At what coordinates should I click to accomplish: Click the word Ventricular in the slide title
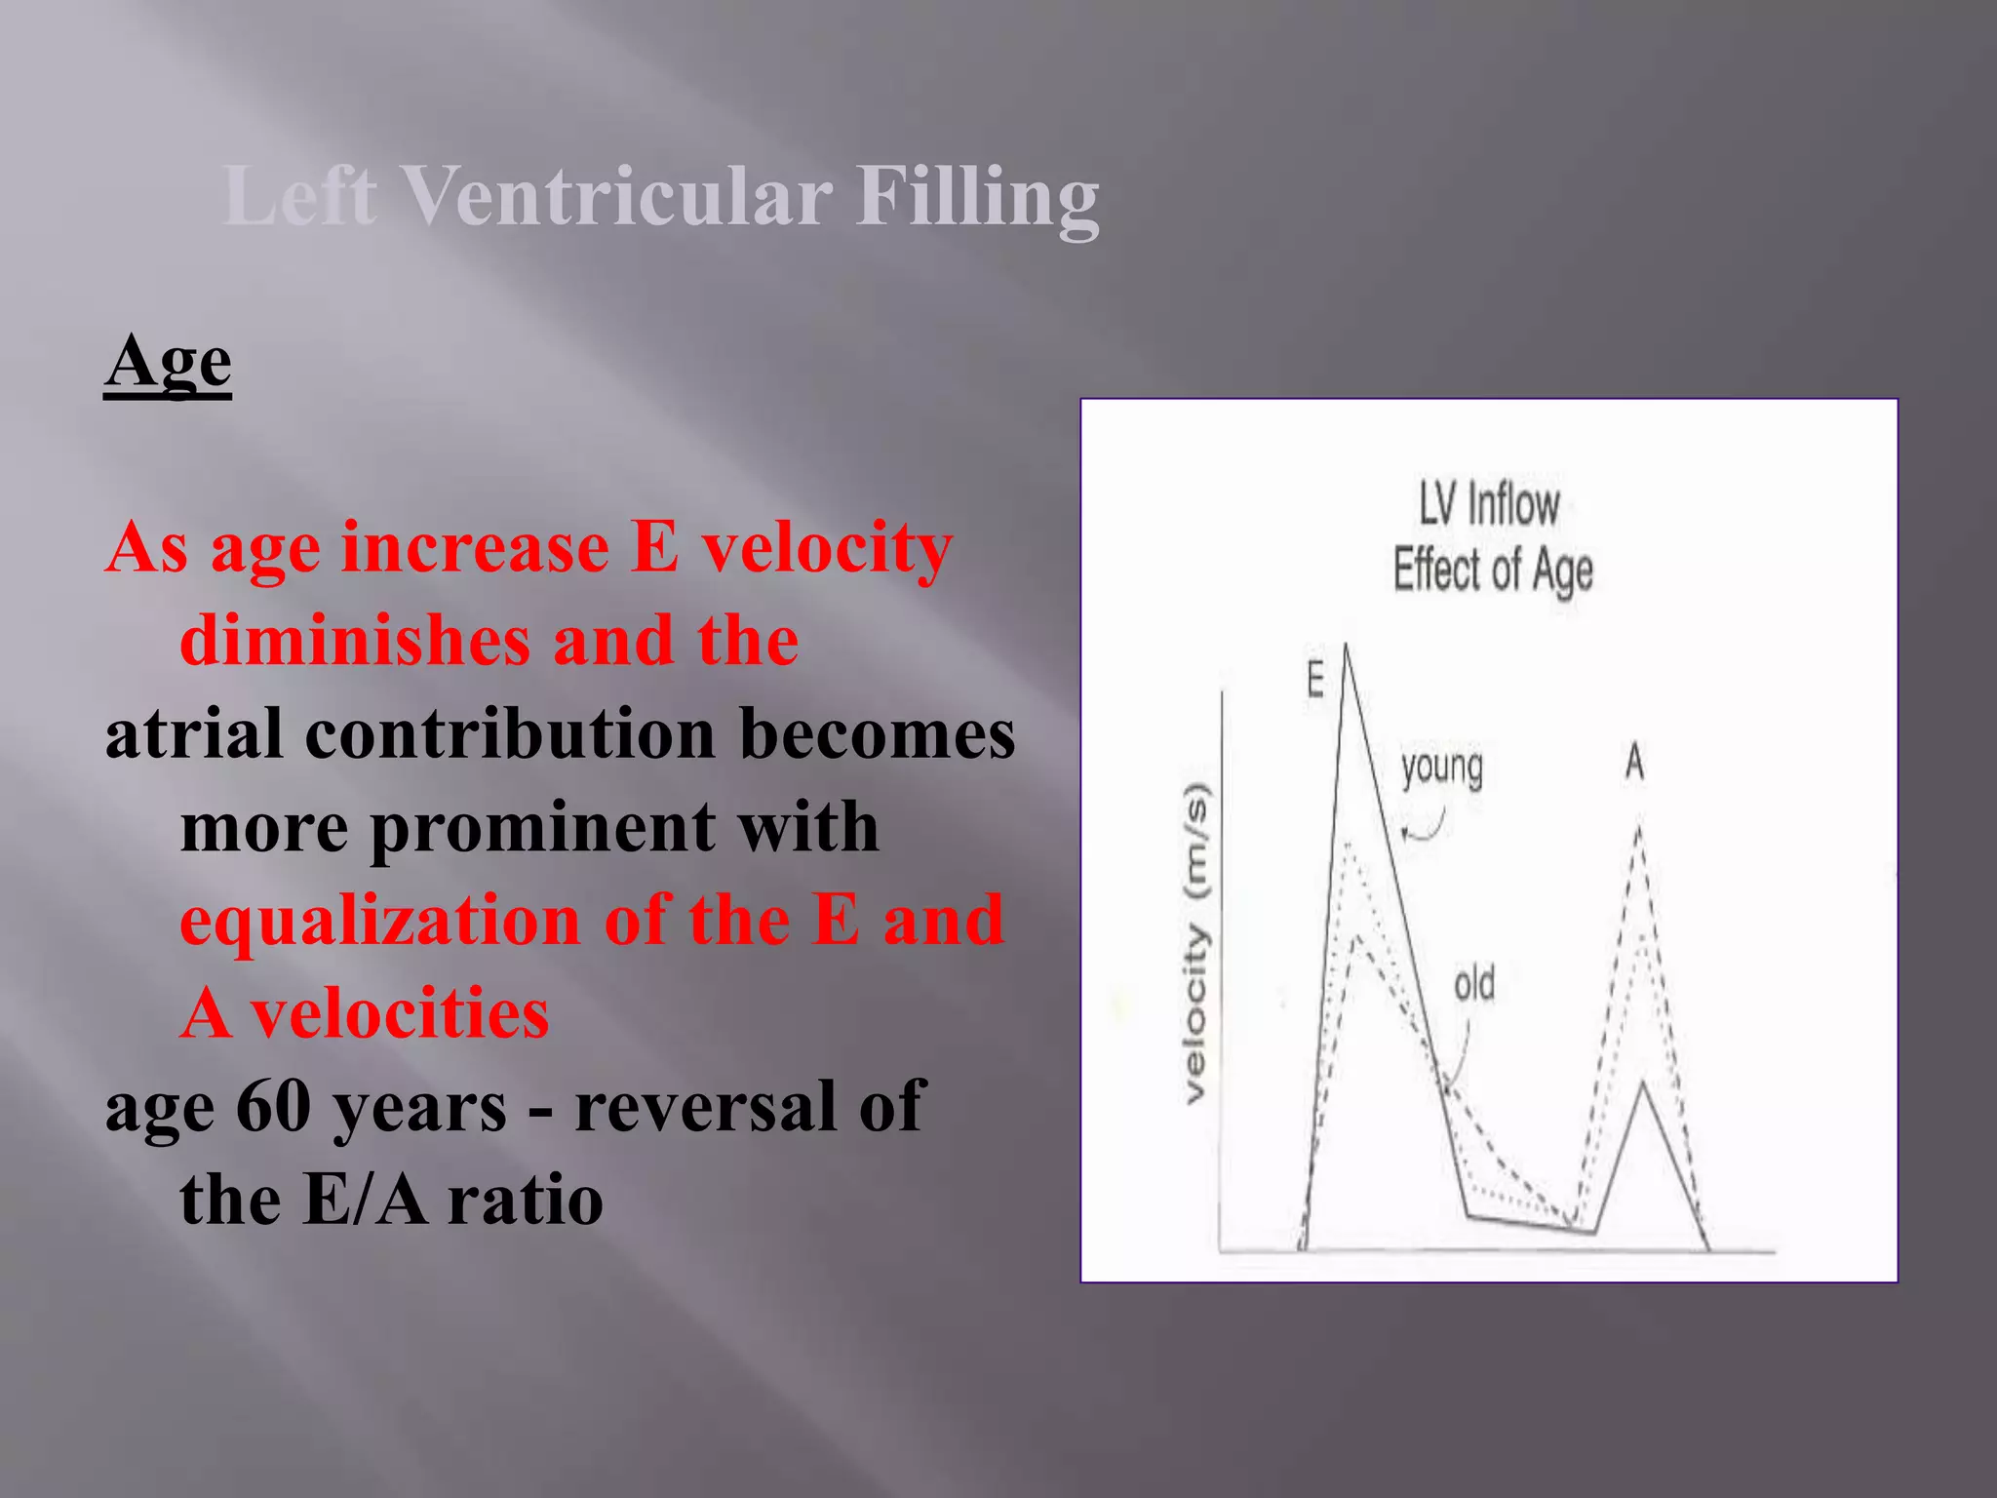click(x=616, y=195)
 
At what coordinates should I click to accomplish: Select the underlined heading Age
click(x=168, y=363)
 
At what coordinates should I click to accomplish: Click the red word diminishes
click(x=355, y=641)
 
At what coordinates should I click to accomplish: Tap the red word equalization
click(x=380, y=921)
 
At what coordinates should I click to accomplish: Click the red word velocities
click(x=400, y=1014)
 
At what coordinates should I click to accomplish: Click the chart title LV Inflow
click(x=1489, y=506)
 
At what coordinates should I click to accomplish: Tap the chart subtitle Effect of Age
click(x=1492, y=571)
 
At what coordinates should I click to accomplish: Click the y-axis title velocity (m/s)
click(x=1195, y=943)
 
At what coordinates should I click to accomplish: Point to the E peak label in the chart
click(x=1315, y=680)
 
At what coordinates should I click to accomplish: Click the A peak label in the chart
click(x=1634, y=762)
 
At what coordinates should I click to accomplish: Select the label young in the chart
click(x=1442, y=769)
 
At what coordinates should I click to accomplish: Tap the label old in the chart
click(x=1473, y=985)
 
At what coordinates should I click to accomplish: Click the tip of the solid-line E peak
click(x=1346, y=646)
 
